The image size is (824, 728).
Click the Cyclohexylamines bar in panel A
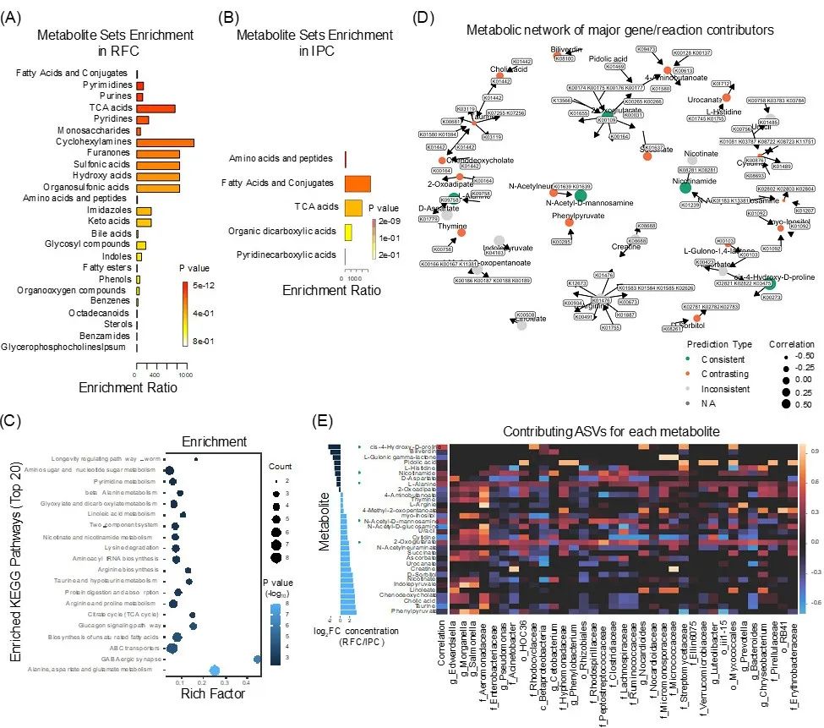[x=164, y=142]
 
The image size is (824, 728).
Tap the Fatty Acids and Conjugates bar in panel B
[x=357, y=183]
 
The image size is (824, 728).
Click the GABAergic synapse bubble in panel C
[x=258, y=636]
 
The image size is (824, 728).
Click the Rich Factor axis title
[x=213, y=671]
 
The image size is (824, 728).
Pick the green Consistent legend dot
[x=690, y=359]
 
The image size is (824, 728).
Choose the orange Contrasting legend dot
[x=690, y=373]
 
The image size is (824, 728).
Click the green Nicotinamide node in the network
[x=686, y=189]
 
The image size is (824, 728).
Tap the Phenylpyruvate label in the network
[x=551, y=216]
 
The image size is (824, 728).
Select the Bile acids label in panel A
[x=109, y=233]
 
